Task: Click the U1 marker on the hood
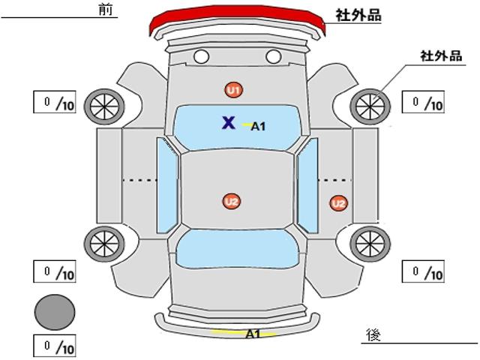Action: [234, 90]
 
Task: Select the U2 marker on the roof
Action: [232, 202]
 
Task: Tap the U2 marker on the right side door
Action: [339, 203]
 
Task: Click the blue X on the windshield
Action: [229, 122]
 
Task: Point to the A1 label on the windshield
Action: [258, 126]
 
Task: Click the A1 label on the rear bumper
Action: [253, 334]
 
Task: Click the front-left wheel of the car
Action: [104, 106]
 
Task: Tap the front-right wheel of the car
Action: [370, 106]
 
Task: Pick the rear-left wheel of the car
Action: [104, 244]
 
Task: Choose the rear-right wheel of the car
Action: [370, 244]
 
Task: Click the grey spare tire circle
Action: [55, 312]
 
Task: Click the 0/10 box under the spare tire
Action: [55, 346]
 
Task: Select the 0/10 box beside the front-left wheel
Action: [55, 102]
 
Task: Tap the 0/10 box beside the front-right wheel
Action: [423, 102]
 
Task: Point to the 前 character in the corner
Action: [106, 9]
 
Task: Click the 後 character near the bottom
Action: [373, 334]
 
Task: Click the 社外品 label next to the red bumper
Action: [358, 15]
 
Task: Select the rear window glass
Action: [237, 249]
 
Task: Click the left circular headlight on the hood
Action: [202, 57]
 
